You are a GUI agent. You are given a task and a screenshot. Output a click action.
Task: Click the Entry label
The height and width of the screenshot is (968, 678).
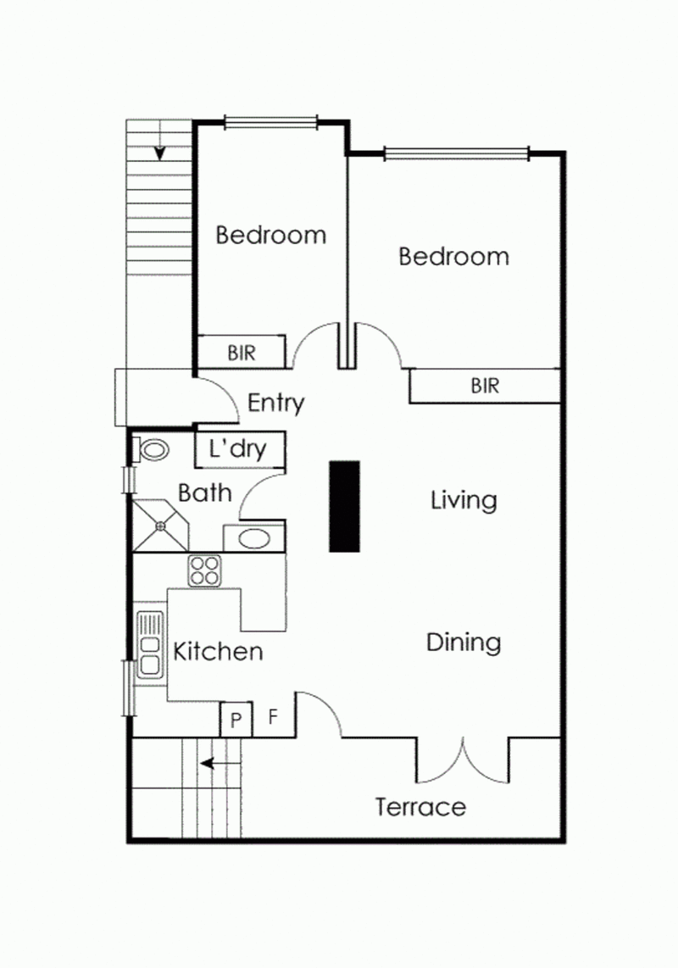[x=275, y=403]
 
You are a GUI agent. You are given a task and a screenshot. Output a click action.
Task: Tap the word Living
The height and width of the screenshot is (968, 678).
[x=464, y=500]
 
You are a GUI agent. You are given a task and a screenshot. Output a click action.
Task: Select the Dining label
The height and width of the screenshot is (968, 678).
[x=464, y=643]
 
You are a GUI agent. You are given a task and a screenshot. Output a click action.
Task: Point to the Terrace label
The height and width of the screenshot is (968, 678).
[x=420, y=806]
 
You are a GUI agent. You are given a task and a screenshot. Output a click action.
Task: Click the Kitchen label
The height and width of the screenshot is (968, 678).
[x=218, y=652]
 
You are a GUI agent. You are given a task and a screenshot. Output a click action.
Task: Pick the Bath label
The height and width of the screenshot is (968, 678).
[x=205, y=492]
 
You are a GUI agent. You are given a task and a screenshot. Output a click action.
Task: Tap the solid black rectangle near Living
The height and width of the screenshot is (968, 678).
[x=345, y=507]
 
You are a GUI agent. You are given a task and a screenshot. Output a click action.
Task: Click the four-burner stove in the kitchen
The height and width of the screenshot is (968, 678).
[x=203, y=570]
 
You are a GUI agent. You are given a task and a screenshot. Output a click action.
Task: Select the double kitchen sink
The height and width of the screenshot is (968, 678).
[x=151, y=643]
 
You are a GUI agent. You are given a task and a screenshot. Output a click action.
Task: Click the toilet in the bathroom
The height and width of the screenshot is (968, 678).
[x=152, y=449]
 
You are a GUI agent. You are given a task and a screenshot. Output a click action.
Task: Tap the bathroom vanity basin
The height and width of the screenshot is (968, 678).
[x=253, y=538]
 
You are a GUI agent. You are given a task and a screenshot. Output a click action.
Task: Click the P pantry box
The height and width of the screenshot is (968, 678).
[x=236, y=720]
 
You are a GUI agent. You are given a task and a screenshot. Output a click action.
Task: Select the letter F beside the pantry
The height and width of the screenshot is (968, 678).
[x=273, y=717]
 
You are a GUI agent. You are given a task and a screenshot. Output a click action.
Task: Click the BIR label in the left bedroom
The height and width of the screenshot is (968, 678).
[x=242, y=352]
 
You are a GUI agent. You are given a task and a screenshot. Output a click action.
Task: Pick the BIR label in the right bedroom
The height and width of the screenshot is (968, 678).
[x=485, y=387]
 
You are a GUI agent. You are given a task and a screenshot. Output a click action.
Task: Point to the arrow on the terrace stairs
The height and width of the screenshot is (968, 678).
[x=218, y=764]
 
